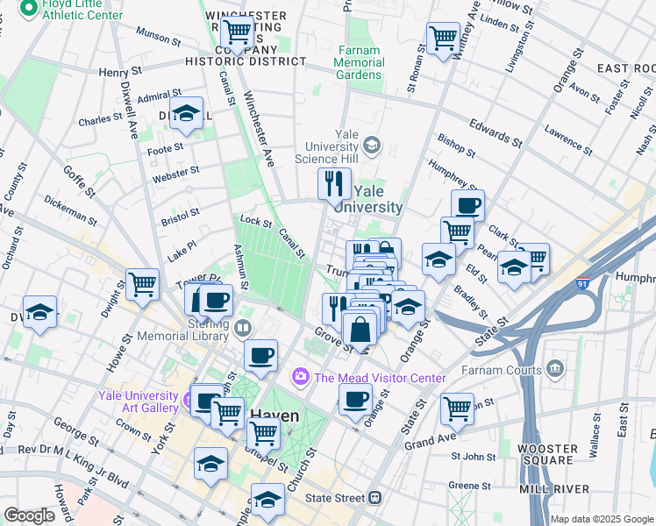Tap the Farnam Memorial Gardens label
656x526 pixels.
coord(360,61)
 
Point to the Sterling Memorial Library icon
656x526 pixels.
coord(243,328)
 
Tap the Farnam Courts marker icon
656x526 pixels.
coord(554,367)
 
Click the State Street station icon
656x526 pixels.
coord(374,498)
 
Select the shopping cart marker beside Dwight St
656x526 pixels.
coord(142,283)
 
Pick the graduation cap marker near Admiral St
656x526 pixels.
coord(186,114)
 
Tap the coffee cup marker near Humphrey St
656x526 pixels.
coord(467,205)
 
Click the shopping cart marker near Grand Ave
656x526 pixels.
coord(457,408)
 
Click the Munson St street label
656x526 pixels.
coord(159,38)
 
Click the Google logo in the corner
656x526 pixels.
coord(30,515)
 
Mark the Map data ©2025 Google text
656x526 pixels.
coord(601,519)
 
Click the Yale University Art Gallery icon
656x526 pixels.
coord(186,402)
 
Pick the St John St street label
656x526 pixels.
coord(474,456)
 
